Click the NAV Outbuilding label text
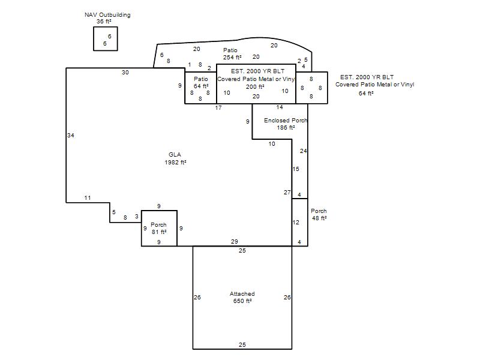pyautogui.click(x=107, y=14)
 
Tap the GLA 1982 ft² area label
pyautogui.click(x=175, y=158)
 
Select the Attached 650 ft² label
pyautogui.click(x=242, y=297)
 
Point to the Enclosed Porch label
pyautogui.click(x=286, y=121)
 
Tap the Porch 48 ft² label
pyautogui.click(x=319, y=215)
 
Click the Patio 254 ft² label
pyautogui.click(x=232, y=53)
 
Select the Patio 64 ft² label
pyautogui.click(x=201, y=83)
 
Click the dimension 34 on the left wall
pyautogui.click(x=71, y=136)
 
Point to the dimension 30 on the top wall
pyautogui.click(x=125, y=73)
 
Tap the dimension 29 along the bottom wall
pyautogui.click(x=234, y=242)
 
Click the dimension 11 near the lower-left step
pyautogui.click(x=88, y=198)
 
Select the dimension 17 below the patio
pyautogui.click(x=218, y=108)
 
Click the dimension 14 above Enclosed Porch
pyautogui.click(x=280, y=107)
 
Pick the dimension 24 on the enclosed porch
pyautogui.click(x=304, y=151)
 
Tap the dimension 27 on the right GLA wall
pyautogui.click(x=287, y=192)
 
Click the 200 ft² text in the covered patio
pyautogui.click(x=255, y=87)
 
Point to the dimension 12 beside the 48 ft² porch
pyautogui.click(x=296, y=222)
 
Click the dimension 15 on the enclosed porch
pyautogui.click(x=296, y=169)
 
